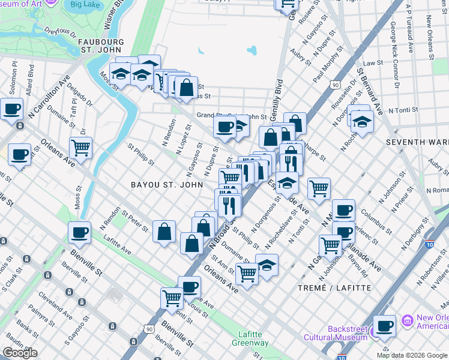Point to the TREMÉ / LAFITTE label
coord(335,288)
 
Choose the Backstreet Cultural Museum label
coord(348,333)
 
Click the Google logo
coord(20,353)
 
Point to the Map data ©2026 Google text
coord(412,355)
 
